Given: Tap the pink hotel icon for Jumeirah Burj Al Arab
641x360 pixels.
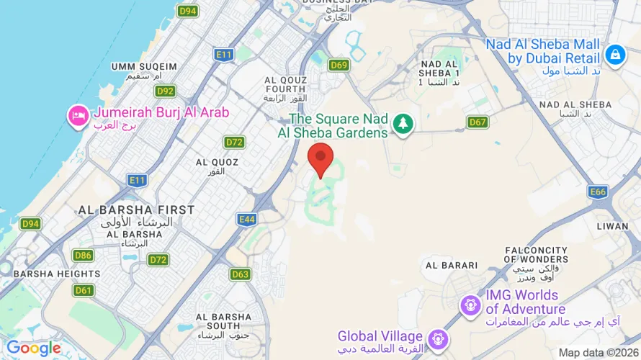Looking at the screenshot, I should pos(77,114).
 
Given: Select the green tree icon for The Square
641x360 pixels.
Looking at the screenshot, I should pos(402,124).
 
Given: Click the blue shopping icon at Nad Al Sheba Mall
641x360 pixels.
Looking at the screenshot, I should pos(614,54).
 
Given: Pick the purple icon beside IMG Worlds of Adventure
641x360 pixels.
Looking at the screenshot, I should pos(471,303).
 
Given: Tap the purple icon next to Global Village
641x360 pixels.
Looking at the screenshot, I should pos(437,337).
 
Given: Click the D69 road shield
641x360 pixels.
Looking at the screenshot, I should pos(339,66).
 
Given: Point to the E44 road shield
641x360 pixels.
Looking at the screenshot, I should pos(246,219).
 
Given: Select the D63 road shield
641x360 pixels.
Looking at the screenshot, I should pos(241,274).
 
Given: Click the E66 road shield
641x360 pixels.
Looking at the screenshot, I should pos(597,192).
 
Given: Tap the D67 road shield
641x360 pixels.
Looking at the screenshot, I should pos(478,122).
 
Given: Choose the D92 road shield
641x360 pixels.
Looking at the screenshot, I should pos(165,91).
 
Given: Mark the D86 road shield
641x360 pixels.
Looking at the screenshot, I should pos(83,255).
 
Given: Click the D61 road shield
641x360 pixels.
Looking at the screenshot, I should pos(84,290).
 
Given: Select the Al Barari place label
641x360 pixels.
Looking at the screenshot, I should pos(452,265).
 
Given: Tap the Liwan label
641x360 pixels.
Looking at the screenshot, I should pos(613,226).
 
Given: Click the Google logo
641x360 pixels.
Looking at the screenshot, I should pos(33,348).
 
